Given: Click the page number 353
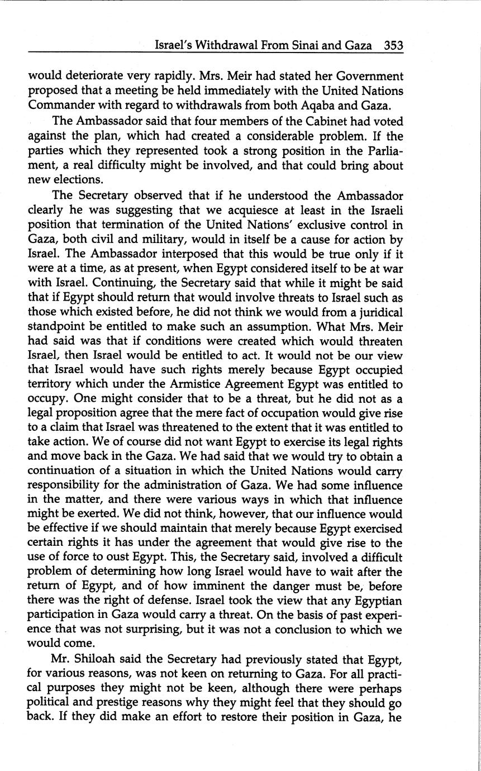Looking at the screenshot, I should [x=393, y=45].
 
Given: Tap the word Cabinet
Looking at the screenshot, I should [x=311, y=121].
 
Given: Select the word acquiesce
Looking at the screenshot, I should [x=226, y=211].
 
